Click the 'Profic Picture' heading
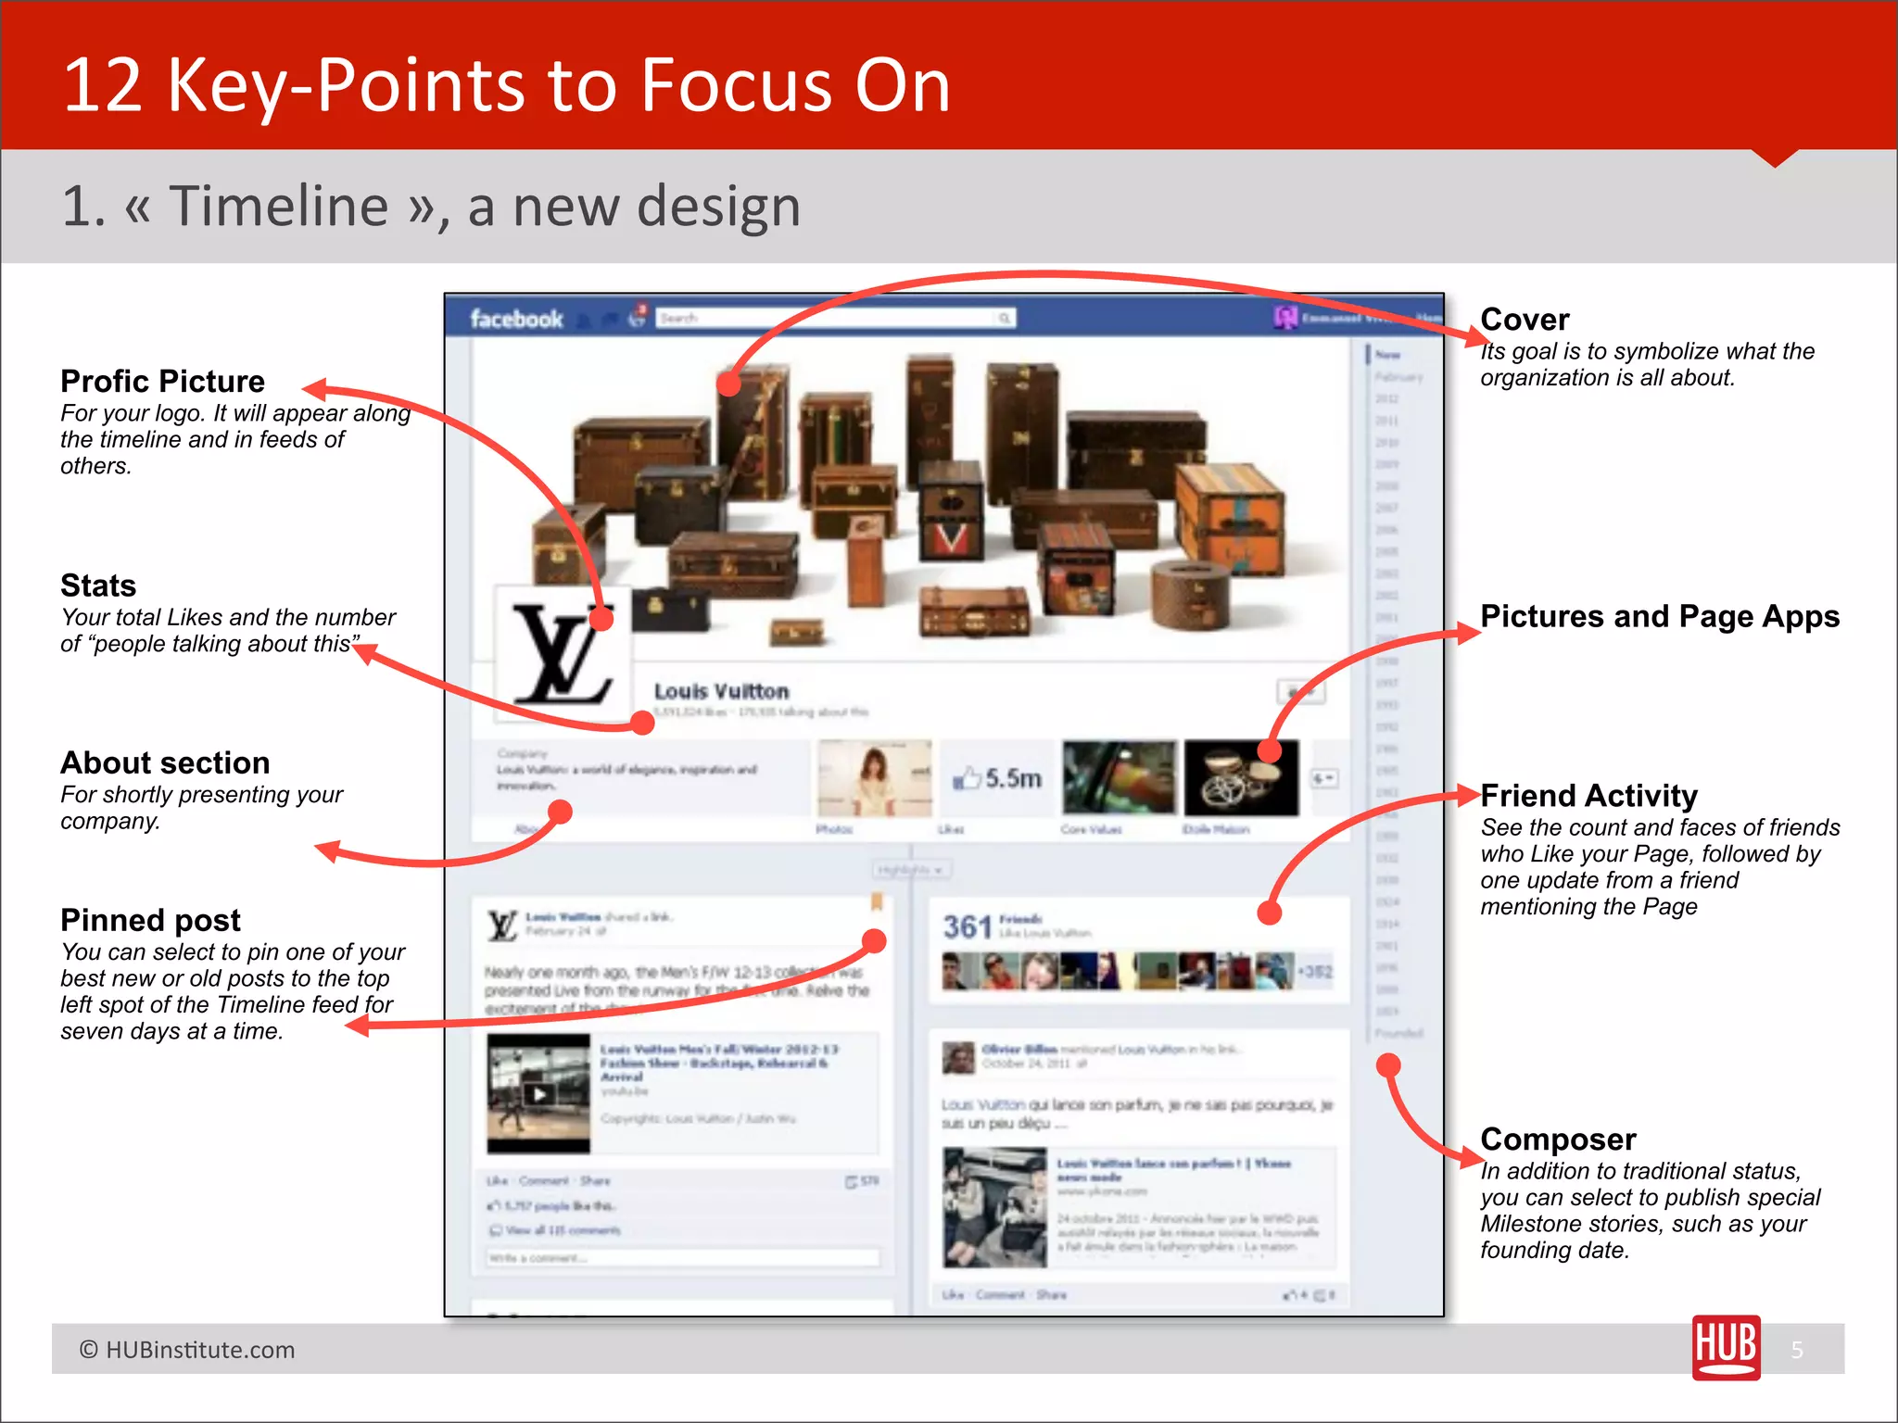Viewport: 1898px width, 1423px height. point(162,382)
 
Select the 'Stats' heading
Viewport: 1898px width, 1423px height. point(98,586)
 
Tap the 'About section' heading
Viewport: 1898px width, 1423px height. point(165,762)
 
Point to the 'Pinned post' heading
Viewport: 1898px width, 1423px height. point(150,920)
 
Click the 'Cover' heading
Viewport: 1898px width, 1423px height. point(1525,320)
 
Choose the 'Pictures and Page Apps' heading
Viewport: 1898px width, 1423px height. point(1660,617)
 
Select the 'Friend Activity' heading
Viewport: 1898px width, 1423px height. point(1588,796)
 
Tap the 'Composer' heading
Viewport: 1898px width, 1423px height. point(1558,1140)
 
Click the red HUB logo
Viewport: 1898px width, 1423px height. point(1726,1347)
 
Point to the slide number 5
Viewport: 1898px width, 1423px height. point(1797,1350)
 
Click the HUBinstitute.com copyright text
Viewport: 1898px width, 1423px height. point(187,1350)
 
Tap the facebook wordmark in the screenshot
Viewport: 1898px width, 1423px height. point(516,320)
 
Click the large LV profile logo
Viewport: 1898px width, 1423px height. point(563,654)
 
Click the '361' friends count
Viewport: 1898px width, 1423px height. point(968,926)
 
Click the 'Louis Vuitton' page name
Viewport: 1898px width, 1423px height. point(721,691)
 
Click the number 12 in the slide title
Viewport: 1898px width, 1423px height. point(102,85)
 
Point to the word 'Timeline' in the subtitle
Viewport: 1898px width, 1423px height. point(278,206)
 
